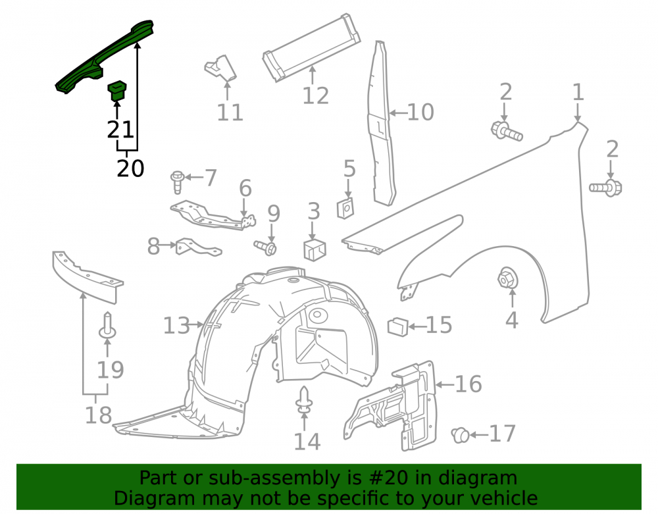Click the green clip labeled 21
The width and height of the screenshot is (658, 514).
[x=117, y=91]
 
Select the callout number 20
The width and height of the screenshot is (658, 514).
[x=130, y=168]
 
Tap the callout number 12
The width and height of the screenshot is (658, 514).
[x=316, y=95]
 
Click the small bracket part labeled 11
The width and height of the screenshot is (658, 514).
[x=221, y=68]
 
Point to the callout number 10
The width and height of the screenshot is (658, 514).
[x=420, y=113]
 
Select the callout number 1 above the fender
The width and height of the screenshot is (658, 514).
[x=578, y=92]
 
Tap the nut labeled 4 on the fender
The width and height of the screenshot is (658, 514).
[x=507, y=278]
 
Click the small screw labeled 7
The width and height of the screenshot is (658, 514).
[x=178, y=182]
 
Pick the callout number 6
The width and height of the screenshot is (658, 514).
[x=245, y=188]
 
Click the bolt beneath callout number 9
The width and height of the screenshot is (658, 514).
[x=266, y=247]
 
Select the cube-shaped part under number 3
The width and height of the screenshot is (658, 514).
[x=315, y=249]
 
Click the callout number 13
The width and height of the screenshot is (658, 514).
[x=176, y=325]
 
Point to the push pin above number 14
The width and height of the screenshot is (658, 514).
[x=304, y=401]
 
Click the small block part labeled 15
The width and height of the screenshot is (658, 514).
[x=398, y=327]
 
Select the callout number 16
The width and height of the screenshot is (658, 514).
[x=468, y=384]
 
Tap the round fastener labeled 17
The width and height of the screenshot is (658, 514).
[x=461, y=435]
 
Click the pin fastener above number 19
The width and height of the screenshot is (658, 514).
[x=107, y=326]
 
